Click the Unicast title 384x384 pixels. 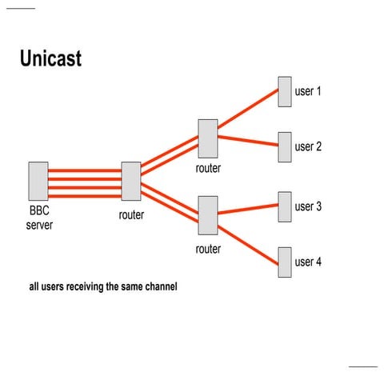tap(50, 59)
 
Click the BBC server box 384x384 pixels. tap(38, 181)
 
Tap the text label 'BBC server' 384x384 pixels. tap(39, 219)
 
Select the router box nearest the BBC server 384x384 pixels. tap(131, 181)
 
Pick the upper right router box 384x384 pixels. tap(208, 138)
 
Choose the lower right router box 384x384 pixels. tap(208, 215)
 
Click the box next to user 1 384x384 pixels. tap(284, 91)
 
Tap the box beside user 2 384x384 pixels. tap(284, 146)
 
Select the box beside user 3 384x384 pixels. tap(284, 206)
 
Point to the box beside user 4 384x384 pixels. tap(284, 262)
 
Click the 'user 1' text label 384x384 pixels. tap(308, 91)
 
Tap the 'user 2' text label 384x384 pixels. tap(308, 147)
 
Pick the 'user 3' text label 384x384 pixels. tap(308, 206)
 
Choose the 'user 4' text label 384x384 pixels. tap(308, 262)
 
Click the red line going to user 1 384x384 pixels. tap(248, 109)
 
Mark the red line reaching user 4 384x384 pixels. tap(248, 242)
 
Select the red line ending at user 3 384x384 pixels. tap(248, 210)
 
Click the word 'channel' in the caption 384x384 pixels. tap(156, 286)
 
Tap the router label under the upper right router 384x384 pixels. tap(208, 168)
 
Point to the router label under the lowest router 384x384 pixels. tap(208, 249)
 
